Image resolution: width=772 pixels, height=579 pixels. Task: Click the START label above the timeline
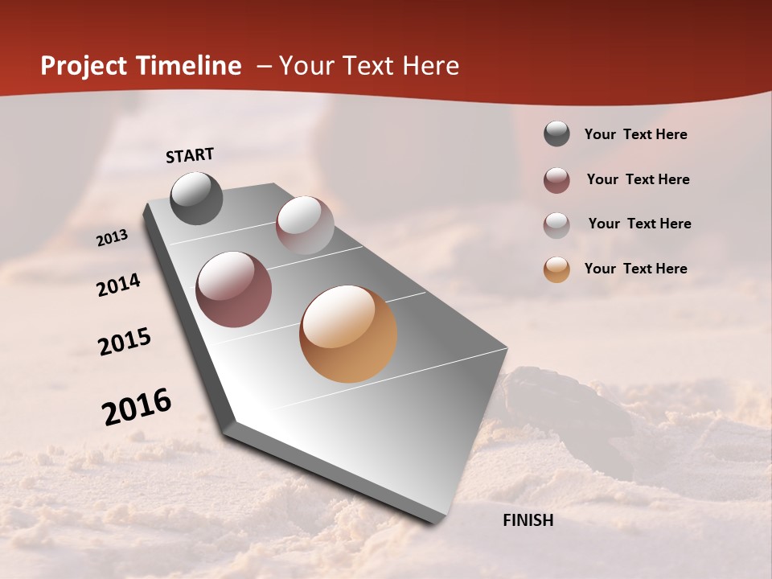(x=190, y=155)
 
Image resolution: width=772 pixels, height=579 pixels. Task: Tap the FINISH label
(x=528, y=520)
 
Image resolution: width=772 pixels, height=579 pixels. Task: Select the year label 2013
(x=112, y=238)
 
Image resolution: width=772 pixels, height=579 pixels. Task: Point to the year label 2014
(x=118, y=285)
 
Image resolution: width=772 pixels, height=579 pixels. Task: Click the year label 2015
(x=125, y=342)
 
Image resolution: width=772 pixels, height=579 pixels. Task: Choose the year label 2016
(x=137, y=407)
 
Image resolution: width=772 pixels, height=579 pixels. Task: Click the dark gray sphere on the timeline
(x=196, y=198)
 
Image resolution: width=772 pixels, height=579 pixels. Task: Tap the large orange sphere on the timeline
(x=348, y=334)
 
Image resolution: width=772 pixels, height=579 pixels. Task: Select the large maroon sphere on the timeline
(x=234, y=289)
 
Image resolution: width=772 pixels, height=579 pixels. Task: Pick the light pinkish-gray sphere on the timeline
(x=305, y=225)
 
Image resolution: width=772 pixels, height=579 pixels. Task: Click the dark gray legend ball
(x=556, y=134)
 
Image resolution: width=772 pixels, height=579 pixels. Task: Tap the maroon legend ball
(x=556, y=180)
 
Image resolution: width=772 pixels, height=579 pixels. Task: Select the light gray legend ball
(x=556, y=225)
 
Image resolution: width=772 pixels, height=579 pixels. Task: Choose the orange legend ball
(x=556, y=269)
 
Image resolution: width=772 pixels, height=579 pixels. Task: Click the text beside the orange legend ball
(x=635, y=269)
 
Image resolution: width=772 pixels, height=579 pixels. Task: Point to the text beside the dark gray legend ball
(x=635, y=134)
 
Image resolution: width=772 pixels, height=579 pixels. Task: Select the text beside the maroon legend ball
(x=638, y=179)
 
